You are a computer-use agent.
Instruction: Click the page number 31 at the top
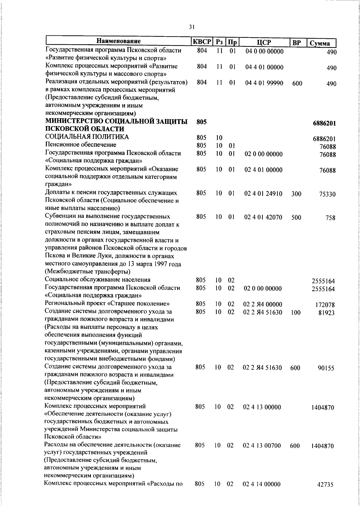point(192,27)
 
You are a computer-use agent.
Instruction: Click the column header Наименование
point(118,41)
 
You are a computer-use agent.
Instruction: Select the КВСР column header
point(202,42)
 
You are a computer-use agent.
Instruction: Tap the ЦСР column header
point(264,42)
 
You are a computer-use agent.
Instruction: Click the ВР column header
point(296,43)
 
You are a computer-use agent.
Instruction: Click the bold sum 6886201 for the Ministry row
point(324,123)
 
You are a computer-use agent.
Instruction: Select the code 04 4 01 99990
point(264,83)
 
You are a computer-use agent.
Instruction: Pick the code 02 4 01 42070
point(263,217)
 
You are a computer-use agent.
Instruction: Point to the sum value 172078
point(325,305)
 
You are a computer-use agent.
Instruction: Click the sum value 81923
point(326,313)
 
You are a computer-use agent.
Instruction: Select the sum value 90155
point(326,368)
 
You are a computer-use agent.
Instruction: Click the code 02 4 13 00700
point(262,446)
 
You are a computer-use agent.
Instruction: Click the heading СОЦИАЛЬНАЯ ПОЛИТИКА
point(87,137)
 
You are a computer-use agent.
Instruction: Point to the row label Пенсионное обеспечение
point(80,145)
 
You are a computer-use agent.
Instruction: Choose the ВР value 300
point(296,194)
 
